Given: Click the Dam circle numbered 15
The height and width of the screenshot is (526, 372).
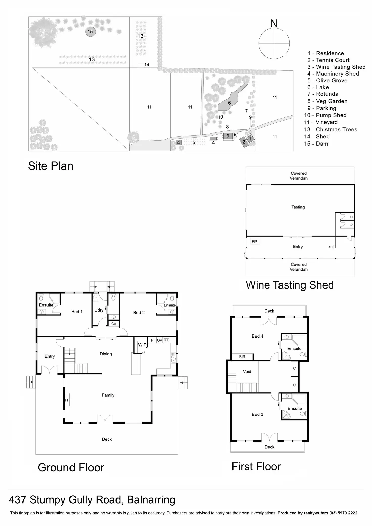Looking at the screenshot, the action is (x=90, y=32).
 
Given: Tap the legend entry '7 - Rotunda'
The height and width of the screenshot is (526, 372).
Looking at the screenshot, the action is (x=323, y=94).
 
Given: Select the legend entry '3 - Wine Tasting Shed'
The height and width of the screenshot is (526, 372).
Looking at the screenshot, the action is (x=336, y=67).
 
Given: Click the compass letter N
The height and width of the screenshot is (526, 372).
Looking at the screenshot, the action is (x=274, y=23).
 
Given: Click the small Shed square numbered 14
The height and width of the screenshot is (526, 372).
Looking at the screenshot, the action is (x=141, y=65).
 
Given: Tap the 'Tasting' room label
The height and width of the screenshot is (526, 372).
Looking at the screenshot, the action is (x=298, y=207).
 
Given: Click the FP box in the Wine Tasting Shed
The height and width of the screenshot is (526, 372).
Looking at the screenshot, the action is (x=254, y=241).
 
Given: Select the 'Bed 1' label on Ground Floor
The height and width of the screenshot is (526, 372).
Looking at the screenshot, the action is (x=77, y=312).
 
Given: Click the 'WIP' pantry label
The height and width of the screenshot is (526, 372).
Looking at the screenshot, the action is (x=142, y=345).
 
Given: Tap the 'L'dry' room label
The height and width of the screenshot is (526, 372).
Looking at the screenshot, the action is (x=99, y=310).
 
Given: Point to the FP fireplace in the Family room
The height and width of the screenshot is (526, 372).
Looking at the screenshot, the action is (x=67, y=400).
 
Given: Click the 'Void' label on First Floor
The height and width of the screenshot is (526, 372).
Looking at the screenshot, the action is (x=247, y=371).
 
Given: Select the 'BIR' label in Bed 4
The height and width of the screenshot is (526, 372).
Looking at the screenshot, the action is (x=242, y=357).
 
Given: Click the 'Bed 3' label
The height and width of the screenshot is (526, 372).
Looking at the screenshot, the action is (x=257, y=414).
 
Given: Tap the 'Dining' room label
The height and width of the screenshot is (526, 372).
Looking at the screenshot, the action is (x=106, y=354).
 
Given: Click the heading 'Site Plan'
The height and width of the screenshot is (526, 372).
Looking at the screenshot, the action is (x=51, y=166).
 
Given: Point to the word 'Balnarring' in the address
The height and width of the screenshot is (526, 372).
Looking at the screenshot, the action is (x=151, y=500).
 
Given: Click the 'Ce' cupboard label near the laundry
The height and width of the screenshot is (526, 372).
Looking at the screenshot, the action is (x=113, y=324).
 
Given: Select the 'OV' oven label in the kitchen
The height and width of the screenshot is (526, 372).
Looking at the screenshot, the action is (x=159, y=340).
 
